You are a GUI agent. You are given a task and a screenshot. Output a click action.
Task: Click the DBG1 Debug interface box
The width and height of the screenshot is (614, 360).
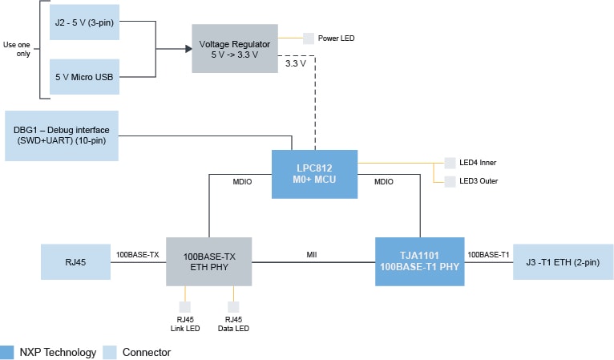pyautogui.click(x=62, y=135)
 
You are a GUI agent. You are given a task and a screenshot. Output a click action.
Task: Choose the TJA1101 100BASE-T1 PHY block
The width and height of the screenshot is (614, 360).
pyautogui.click(x=420, y=261)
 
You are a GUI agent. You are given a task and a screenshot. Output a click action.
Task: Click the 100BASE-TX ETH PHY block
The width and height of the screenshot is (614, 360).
pyautogui.click(x=210, y=261)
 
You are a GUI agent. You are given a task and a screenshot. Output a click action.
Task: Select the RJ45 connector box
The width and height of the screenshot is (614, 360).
pyautogui.click(x=75, y=261)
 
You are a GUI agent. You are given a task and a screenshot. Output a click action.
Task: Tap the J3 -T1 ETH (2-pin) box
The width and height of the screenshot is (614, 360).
pyautogui.click(x=563, y=261)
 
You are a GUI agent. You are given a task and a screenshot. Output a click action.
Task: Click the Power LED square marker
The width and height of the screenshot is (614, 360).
pyautogui.click(x=309, y=38)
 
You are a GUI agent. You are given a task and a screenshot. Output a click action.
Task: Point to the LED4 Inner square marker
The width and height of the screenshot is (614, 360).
pyautogui.click(x=450, y=163)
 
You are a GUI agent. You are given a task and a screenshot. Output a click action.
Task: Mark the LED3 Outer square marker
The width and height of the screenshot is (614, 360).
pyautogui.click(x=450, y=180)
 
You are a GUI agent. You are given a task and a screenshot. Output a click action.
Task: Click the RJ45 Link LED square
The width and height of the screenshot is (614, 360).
pyautogui.click(x=185, y=307)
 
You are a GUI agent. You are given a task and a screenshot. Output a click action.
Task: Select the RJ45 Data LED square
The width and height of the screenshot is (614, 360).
pyautogui.click(x=233, y=307)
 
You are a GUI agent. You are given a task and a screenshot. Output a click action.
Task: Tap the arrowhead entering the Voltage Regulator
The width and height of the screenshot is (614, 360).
pyautogui.click(x=188, y=48)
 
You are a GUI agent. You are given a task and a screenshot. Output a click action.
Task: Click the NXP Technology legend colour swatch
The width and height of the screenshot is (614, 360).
pyautogui.click(x=8, y=352)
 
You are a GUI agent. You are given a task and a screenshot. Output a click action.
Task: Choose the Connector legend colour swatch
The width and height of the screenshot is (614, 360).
pyautogui.click(x=110, y=352)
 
